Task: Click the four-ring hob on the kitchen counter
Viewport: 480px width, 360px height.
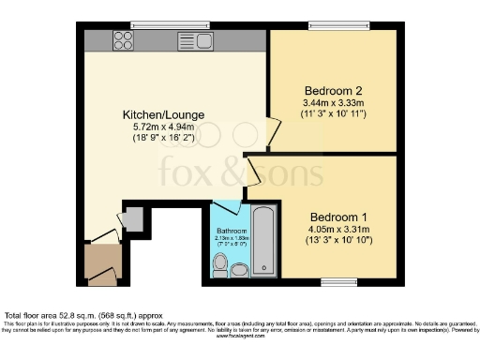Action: [x=122, y=39]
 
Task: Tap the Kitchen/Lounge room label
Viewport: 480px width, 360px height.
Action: [x=163, y=115]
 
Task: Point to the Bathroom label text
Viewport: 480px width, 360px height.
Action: [x=232, y=231]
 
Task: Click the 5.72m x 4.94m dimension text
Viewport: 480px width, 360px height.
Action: [x=163, y=127]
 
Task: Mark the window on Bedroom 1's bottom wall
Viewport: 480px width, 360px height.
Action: [x=333, y=281]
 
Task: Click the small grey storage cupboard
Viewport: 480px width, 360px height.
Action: [x=132, y=219]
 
